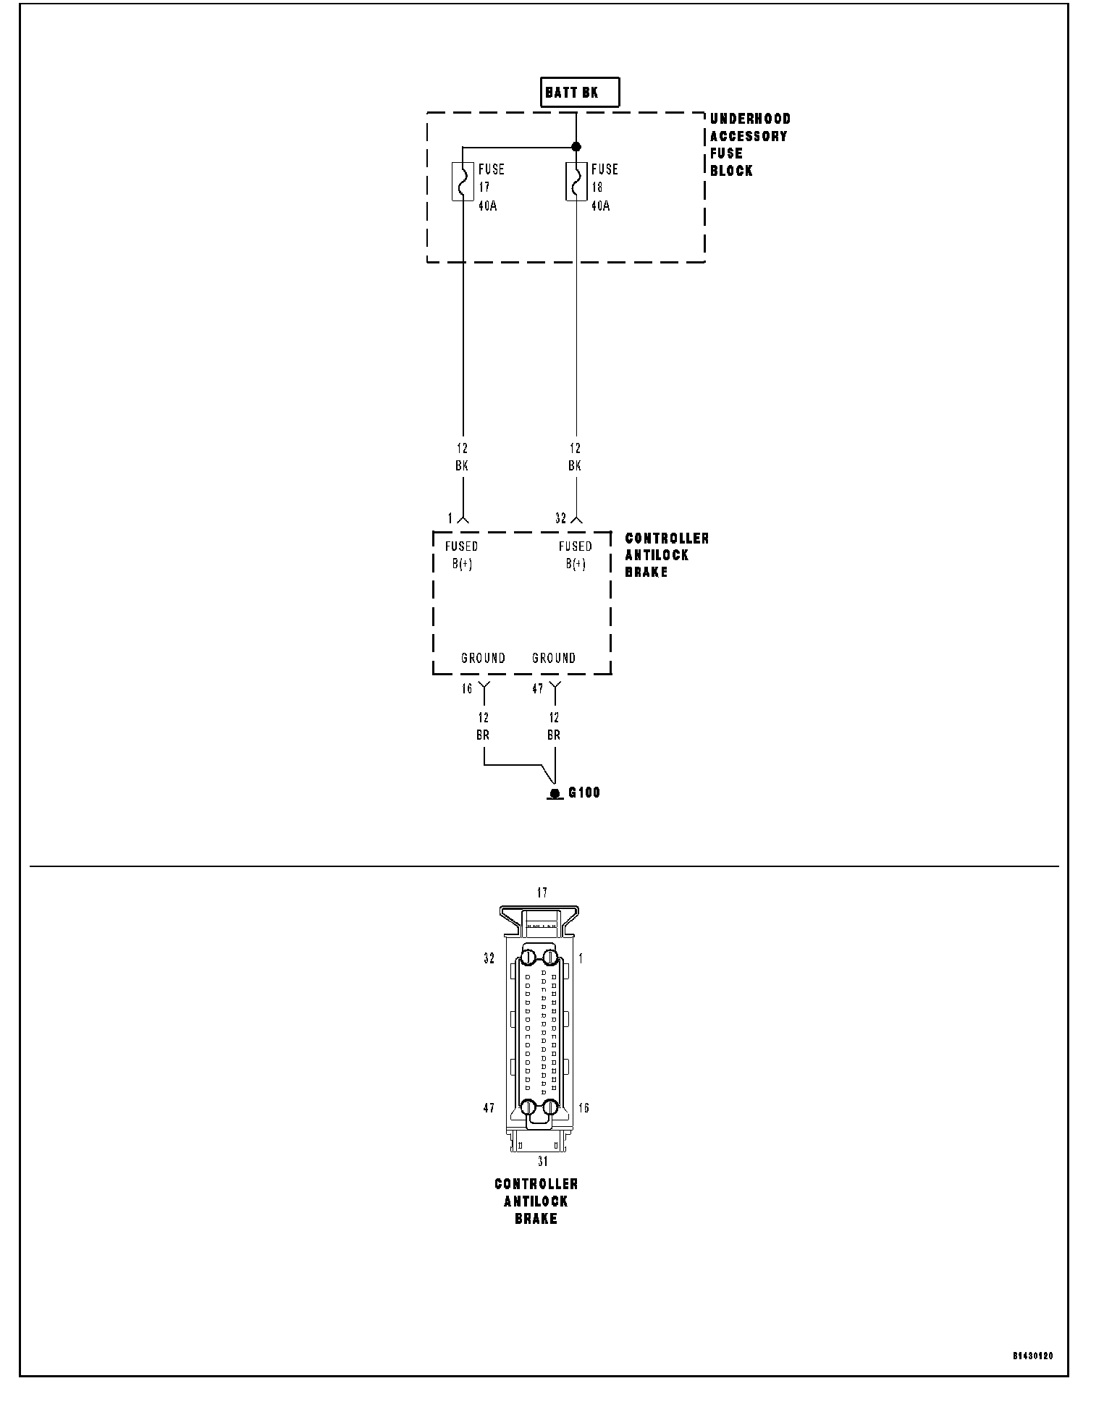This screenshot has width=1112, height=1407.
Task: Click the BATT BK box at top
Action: point(579,93)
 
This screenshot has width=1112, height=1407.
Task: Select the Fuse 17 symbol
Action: point(462,181)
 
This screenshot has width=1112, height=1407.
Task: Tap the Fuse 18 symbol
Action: point(576,181)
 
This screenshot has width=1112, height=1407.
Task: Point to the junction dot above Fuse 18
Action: point(576,147)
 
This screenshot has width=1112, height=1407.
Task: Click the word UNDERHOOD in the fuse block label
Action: point(750,119)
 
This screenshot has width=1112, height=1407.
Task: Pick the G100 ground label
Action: point(584,793)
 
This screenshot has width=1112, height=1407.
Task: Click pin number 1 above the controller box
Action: point(450,518)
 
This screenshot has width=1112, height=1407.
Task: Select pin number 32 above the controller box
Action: point(561,518)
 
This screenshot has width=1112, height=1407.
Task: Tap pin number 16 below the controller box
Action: point(468,689)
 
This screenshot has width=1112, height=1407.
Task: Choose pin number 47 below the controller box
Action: point(538,689)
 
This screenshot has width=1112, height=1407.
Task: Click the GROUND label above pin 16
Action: point(483,658)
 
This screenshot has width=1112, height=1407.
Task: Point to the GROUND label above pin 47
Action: point(554,658)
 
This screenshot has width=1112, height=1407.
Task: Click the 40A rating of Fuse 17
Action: point(487,206)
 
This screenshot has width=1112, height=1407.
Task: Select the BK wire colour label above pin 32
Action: point(575,466)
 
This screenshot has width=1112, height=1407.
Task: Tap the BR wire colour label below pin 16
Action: point(483,735)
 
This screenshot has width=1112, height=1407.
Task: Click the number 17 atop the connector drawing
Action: point(542,893)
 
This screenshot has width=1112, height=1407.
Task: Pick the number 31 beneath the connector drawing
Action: point(542,1162)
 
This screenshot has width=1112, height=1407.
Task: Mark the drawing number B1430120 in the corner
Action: point(1033,1355)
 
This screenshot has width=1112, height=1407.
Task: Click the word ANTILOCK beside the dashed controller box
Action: point(657,555)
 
